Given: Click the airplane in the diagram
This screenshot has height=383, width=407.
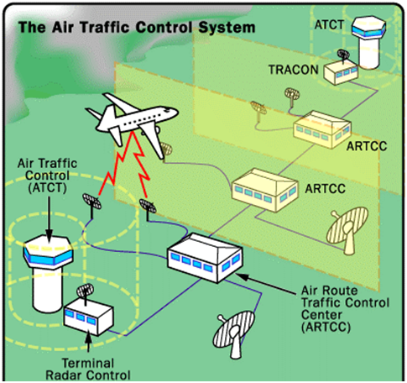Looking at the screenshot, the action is click(132, 123).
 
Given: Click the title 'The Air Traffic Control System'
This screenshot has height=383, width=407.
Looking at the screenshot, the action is click(137, 28).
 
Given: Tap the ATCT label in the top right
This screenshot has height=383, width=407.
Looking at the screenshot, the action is click(329, 25).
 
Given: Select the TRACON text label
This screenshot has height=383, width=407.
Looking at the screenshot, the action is click(294, 70).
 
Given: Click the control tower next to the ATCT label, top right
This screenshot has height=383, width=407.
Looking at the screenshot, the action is click(369, 42).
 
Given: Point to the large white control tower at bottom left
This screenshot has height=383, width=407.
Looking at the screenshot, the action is click(48, 273).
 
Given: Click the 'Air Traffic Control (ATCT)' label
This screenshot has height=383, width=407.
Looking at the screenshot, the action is click(47, 176).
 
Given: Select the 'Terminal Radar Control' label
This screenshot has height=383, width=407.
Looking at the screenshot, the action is click(88, 370).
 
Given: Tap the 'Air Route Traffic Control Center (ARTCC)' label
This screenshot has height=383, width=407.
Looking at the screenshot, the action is click(345, 309).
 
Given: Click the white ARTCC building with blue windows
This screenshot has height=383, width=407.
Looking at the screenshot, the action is click(205, 258).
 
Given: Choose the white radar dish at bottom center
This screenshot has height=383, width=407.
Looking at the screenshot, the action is click(233, 334).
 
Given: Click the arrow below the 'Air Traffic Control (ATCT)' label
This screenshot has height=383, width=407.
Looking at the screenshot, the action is click(50, 218).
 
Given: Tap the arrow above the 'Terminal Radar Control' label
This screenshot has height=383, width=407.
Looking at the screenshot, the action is click(88, 342).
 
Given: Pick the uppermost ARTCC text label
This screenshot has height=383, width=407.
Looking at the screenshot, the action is click(367, 146).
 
